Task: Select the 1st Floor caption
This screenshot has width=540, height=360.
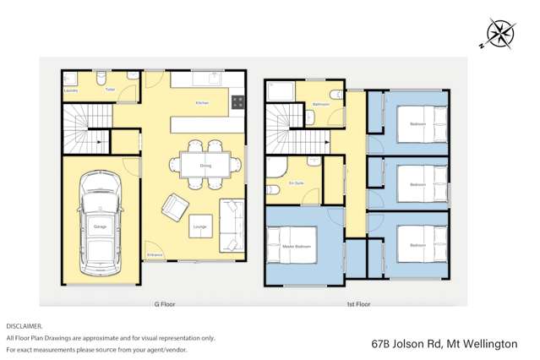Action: click(358, 303)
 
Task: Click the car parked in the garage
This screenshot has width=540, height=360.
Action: click(100, 223)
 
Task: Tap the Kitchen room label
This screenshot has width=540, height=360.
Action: click(202, 103)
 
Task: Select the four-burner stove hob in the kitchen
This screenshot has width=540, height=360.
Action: click(237, 103)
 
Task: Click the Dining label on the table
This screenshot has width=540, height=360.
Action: click(205, 166)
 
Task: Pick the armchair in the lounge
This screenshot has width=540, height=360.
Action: click(176, 205)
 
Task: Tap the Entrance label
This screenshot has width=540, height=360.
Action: click(155, 254)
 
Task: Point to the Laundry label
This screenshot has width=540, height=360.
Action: click(71, 90)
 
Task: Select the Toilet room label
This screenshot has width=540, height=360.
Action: click(110, 90)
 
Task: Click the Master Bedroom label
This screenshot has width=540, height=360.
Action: click(302, 246)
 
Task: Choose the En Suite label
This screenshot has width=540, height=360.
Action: click(296, 183)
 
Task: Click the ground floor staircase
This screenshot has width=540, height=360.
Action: click(87, 127)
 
